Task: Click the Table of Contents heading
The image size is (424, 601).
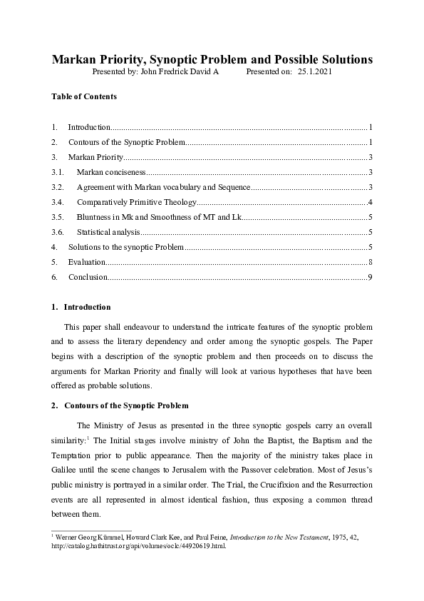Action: (84, 96)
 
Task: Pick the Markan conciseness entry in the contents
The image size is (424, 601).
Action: (111, 172)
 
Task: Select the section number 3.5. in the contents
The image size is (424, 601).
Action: (58, 217)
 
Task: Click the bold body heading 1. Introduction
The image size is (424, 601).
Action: (81, 307)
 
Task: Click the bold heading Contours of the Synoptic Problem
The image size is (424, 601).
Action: (126, 405)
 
